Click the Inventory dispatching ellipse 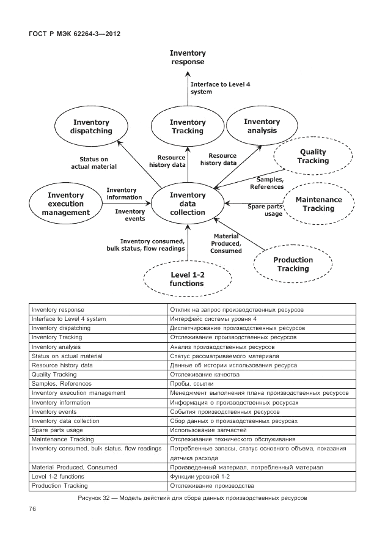point(92,126)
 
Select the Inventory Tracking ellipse point(187,126)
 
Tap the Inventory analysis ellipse point(262,126)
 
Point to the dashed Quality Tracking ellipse point(312,156)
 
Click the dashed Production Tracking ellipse point(293,264)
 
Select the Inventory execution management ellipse point(65,204)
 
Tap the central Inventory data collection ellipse point(188,204)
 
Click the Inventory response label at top point(188,57)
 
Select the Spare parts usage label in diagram point(265,210)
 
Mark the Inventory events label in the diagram point(130,215)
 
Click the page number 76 point(33,508)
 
